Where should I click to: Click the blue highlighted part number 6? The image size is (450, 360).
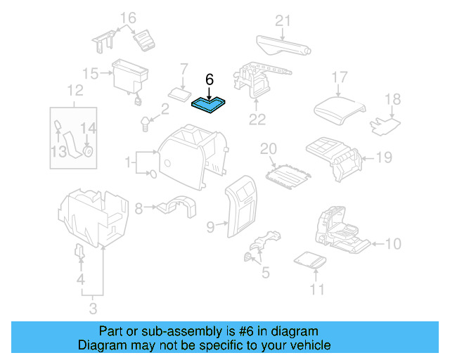[208, 105]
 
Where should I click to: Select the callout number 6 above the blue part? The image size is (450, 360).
[209, 79]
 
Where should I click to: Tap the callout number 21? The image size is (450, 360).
[282, 21]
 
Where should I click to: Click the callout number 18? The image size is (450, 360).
[392, 100]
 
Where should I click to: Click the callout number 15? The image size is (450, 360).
[89, 73]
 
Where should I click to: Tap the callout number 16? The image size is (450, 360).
[127, 18]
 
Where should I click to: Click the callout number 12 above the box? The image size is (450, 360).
[75, 90]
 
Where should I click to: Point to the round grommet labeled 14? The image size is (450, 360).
[88, 150]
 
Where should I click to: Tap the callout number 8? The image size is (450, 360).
[139, 208]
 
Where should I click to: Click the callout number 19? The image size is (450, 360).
[382, 157]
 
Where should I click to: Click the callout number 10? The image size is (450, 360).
[393, 244]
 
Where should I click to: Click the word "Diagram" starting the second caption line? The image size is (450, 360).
[99, 345]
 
